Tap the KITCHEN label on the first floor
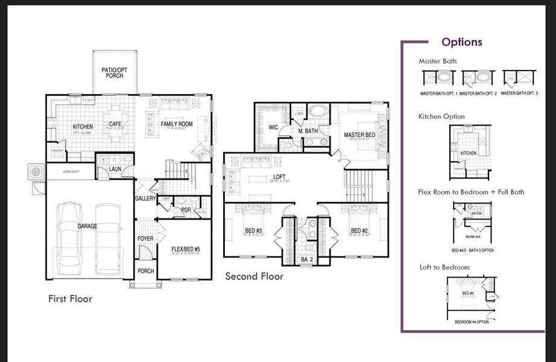coord(83,127)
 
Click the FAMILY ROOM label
coord(176,124)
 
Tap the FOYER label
coord(145,239)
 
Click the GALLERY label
coord(145,198)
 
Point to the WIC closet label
coord(272,127)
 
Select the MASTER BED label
coord(359,135)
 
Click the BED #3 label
coord(254,230)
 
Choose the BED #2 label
coord(359,230)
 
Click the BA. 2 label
coord(307,259)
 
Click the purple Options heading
coord(462,42)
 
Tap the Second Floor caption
coord(254,276)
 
